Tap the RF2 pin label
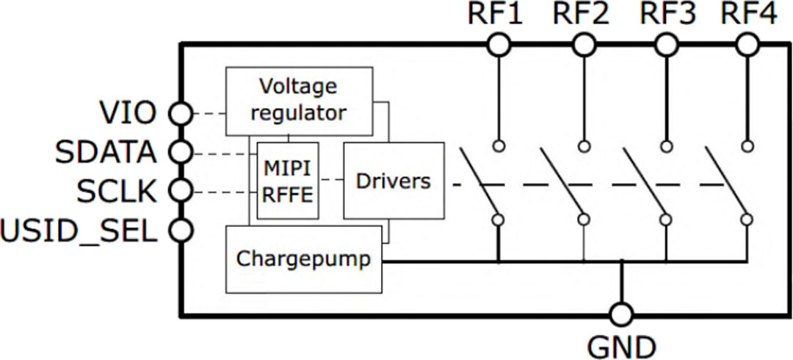(582, 15)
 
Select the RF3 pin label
(667, 15)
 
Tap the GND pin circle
(621, 315)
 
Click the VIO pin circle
(181, 113)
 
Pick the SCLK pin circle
(181, 192)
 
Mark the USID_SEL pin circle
(181, 231)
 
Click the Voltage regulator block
(298, 101)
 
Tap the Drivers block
(394, 181)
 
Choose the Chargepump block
(304, 259)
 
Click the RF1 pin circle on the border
(499, 46)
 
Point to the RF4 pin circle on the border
(747, 46)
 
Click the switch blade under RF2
(561, 180)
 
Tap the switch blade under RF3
(645, 180)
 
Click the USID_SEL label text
(79, 231)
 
